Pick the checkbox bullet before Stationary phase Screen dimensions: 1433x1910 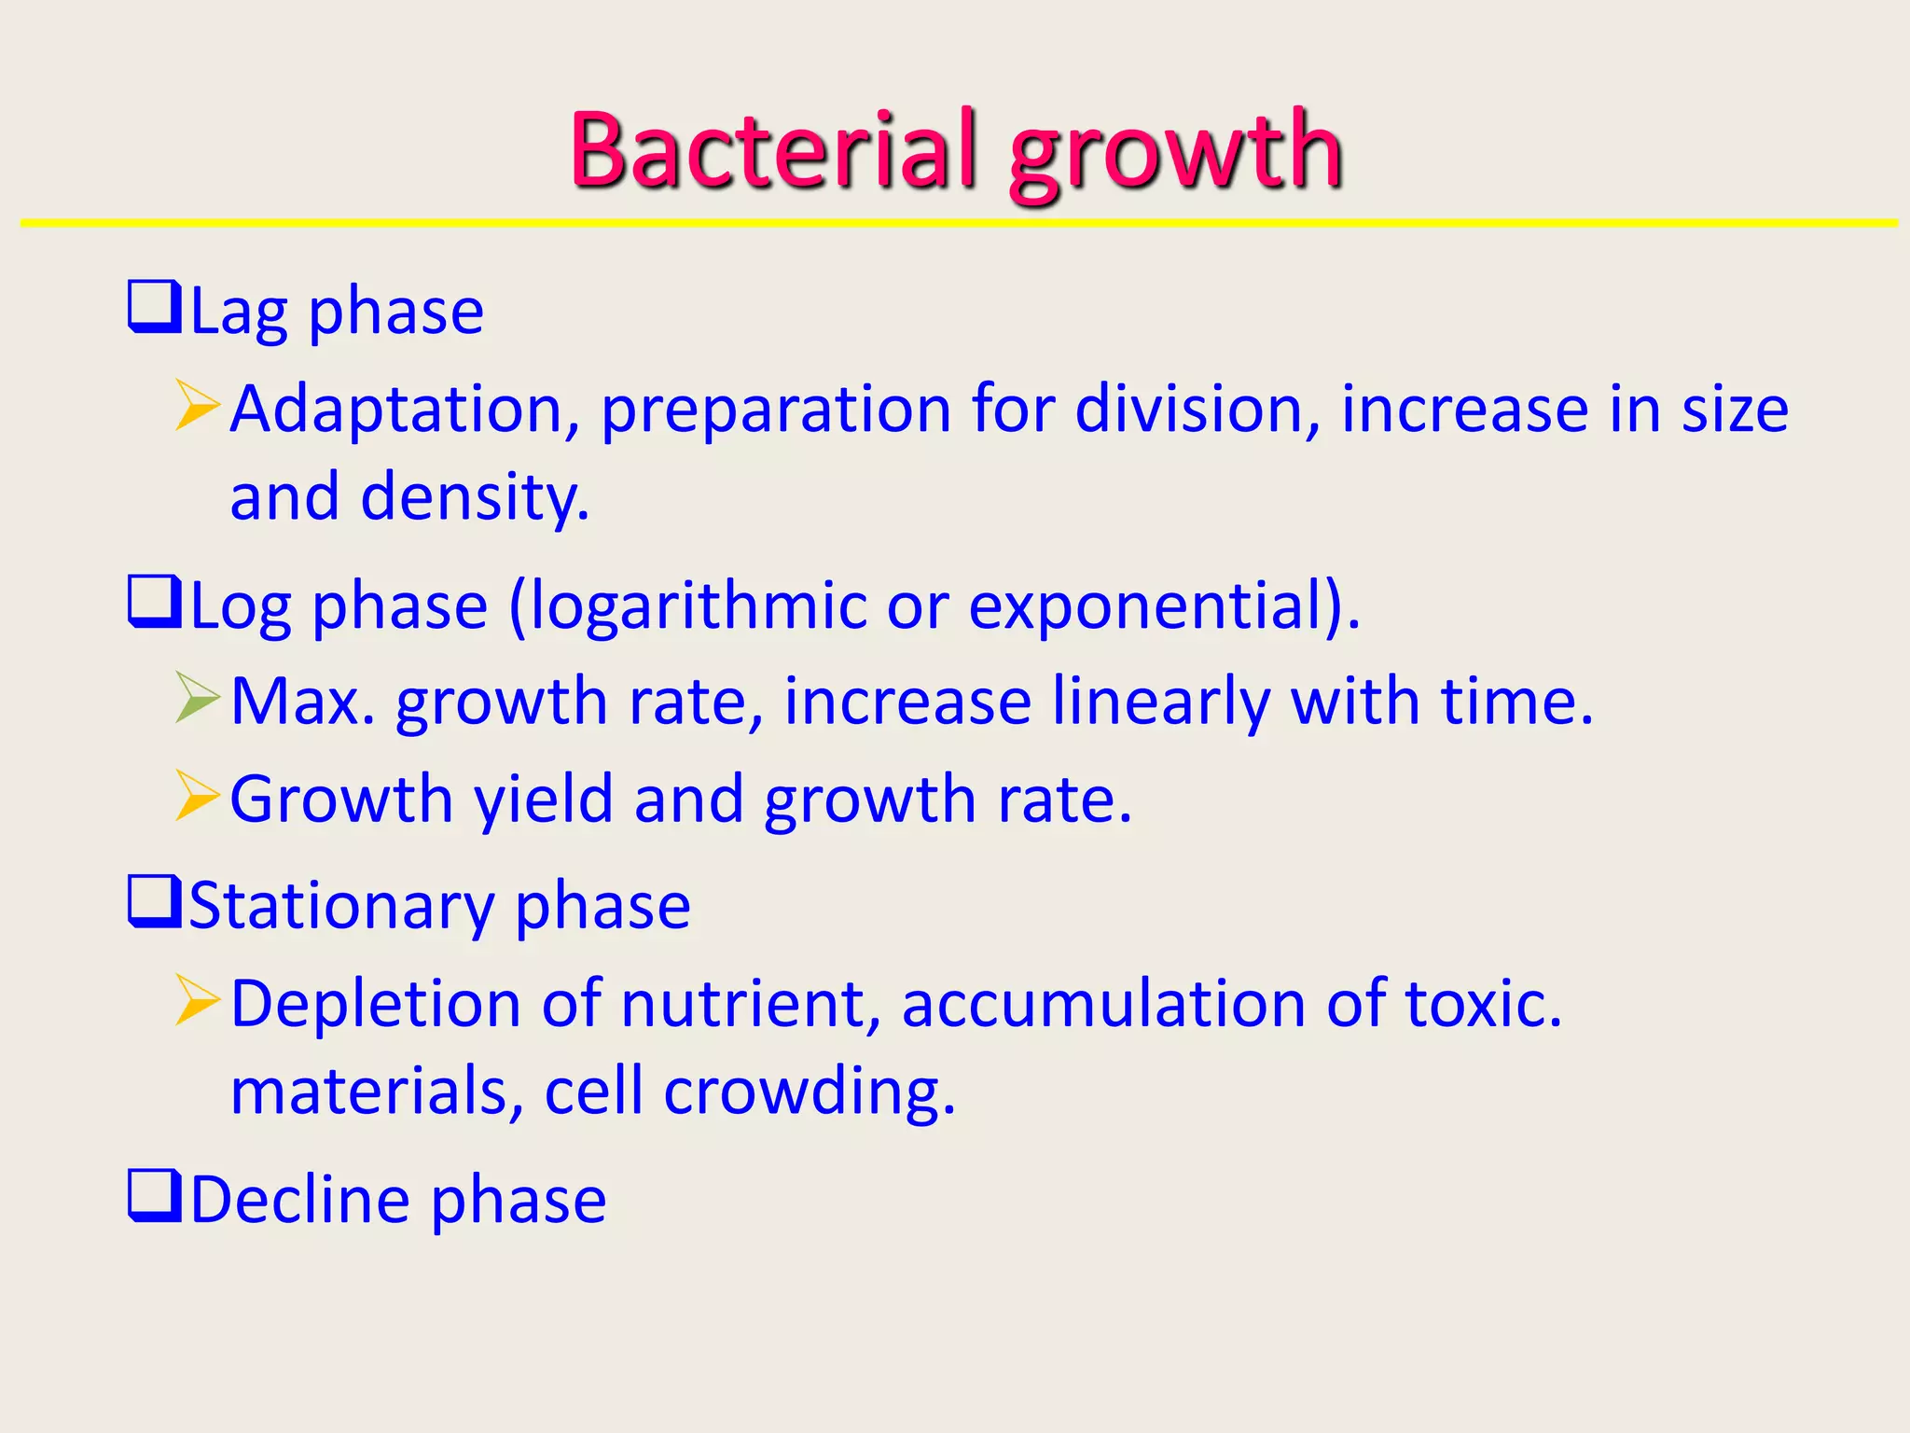[154, 901]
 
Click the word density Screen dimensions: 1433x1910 [474, 498]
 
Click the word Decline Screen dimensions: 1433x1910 [299, 1200]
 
